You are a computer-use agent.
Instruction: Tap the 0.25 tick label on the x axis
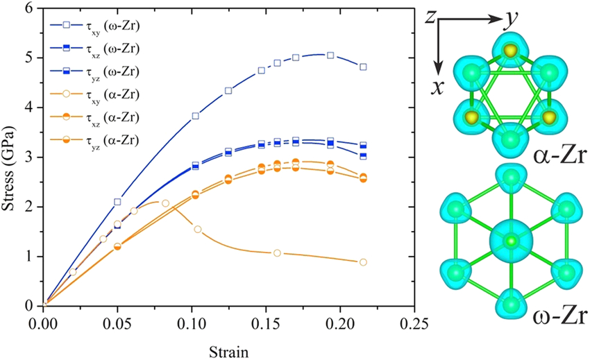coord(412,323)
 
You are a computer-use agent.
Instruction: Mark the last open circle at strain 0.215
coord(382,262)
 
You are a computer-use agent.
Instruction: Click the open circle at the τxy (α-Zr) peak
coord(165,203)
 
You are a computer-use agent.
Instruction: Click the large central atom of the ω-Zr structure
coord(512,241)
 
